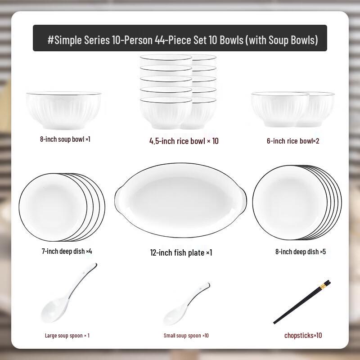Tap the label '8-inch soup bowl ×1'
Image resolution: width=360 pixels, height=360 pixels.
(x=65, y=139)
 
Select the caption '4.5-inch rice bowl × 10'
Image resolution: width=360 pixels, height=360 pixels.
(x=184, y=141)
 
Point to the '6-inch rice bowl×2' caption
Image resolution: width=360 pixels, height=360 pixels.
(x=292, y=141)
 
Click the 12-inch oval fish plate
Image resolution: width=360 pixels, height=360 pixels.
(x=181, y=198)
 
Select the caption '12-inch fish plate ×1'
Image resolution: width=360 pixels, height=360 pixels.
(x=181, y=252)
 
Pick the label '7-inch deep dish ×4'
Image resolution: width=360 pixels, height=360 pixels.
(x=67, y=251)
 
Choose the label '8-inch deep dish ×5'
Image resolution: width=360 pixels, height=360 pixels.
(x=300, y=252)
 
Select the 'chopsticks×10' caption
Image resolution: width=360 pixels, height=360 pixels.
(x=303, y=335)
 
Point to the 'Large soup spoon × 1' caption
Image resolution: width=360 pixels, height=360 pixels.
(x=67, y=335)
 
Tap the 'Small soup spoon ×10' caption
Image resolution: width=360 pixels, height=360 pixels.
(x=186, y=335)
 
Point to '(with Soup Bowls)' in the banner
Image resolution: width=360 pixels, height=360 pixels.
(x=282, y=40)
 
